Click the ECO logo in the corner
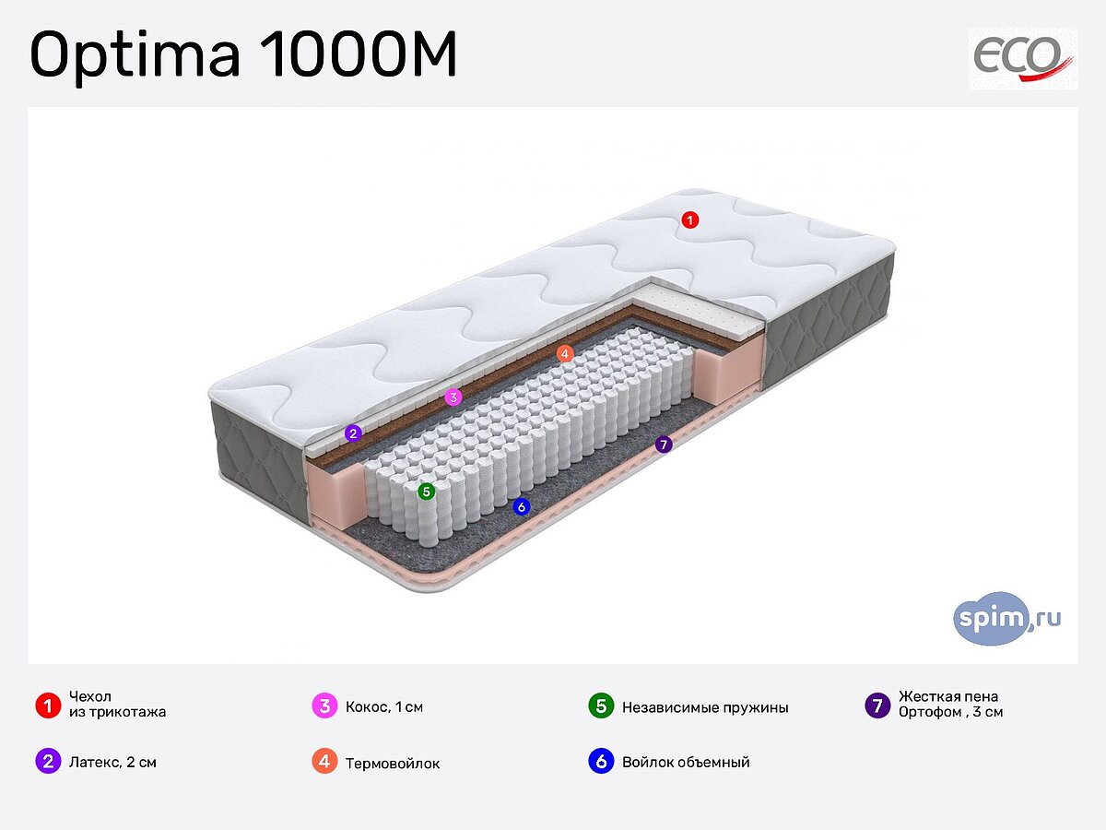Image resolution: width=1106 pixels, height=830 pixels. [1023, 58]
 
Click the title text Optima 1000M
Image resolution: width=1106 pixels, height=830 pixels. [243, 56]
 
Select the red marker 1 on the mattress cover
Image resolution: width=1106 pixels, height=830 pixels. [689, 219]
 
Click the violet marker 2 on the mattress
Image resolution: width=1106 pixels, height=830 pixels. [353, 433]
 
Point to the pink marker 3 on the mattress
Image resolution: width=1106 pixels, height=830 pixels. [453, 397]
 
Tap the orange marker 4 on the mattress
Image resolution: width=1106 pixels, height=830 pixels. [565, 353]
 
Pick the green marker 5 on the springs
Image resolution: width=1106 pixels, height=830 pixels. [426, 492]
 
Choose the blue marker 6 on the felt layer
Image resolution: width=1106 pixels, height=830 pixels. [522, 506]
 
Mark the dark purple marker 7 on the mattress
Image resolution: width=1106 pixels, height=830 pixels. [664, 445]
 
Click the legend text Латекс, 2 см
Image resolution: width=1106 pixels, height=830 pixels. [112, 763]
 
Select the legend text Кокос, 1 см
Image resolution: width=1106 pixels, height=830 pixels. [384, 708]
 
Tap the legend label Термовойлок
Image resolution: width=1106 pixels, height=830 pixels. [393, 764]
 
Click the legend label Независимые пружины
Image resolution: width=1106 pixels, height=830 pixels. [705, 708]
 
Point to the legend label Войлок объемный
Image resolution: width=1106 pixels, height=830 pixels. [686, 763]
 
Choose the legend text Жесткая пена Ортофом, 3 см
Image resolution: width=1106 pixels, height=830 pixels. [950, 705]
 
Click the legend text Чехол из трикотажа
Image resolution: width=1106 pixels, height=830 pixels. [117, 705]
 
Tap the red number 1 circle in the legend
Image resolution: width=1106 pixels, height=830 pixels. [47, 706]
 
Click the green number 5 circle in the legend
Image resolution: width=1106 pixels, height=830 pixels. [601, 706]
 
